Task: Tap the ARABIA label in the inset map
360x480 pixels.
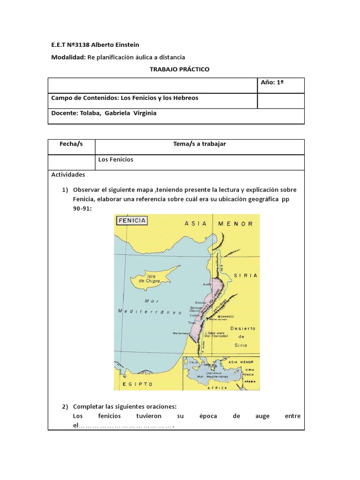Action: (x=249, y=381)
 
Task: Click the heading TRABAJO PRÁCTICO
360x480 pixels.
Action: (x=180, y=69)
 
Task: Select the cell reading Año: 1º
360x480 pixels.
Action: (x=273, y=82)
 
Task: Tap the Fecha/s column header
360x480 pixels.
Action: (x=71, y=144)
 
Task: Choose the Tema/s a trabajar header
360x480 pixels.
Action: (x=200, y=144)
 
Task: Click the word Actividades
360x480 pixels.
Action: (x=68, y=174)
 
